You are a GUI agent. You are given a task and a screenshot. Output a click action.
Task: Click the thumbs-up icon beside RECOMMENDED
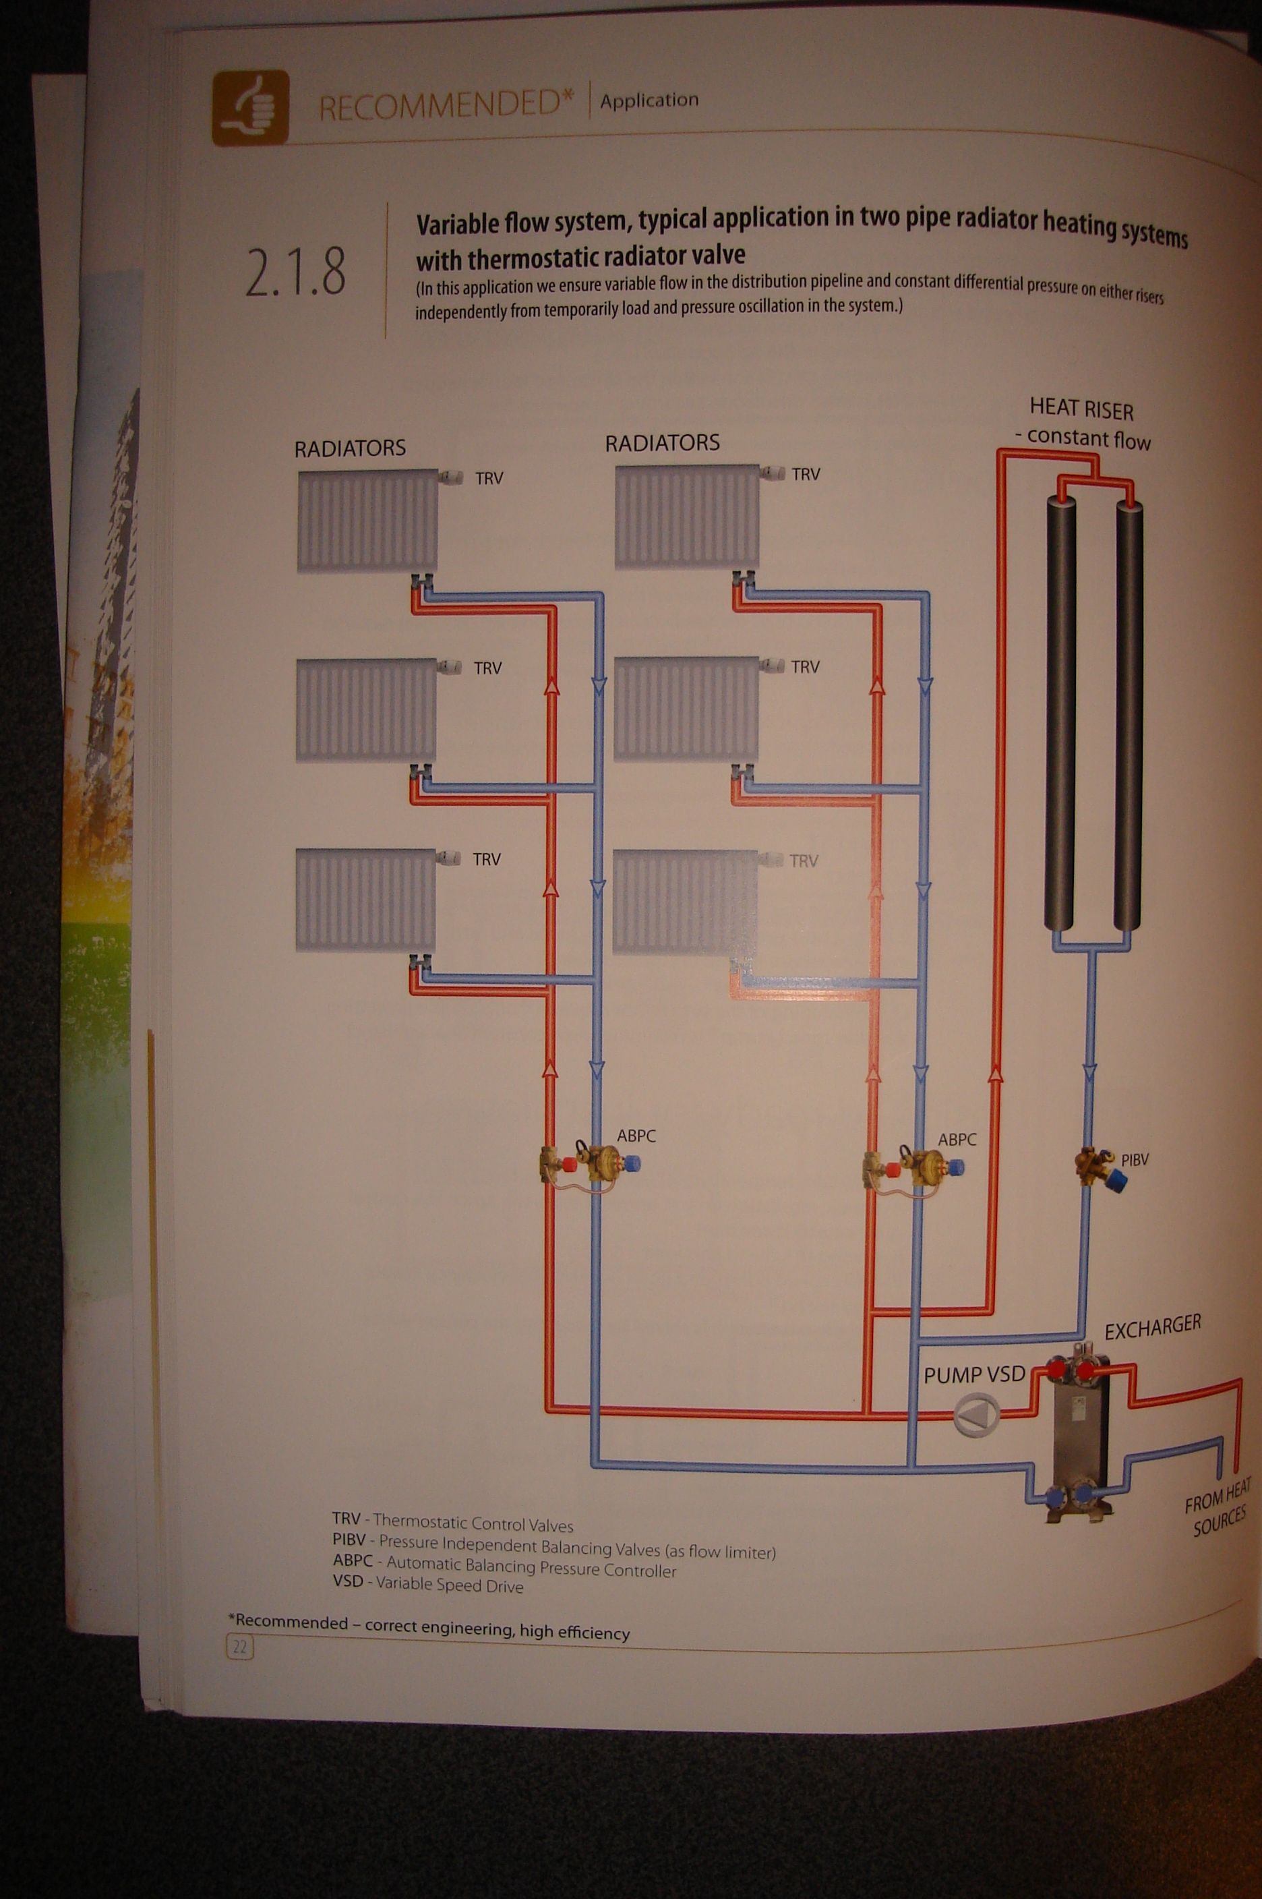249,107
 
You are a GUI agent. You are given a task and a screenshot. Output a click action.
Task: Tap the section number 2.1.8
295,272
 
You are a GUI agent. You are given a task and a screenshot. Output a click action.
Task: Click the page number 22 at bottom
240,1646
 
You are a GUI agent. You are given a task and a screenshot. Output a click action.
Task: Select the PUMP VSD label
974,1374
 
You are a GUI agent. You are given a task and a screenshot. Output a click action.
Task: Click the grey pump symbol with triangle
976,1414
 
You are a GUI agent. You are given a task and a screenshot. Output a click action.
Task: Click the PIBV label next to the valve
1135,1160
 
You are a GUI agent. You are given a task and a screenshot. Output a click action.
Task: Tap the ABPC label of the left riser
636,1136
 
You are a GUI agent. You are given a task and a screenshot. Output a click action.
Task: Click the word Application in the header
649,100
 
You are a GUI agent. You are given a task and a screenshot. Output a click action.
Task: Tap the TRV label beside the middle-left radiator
487,668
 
